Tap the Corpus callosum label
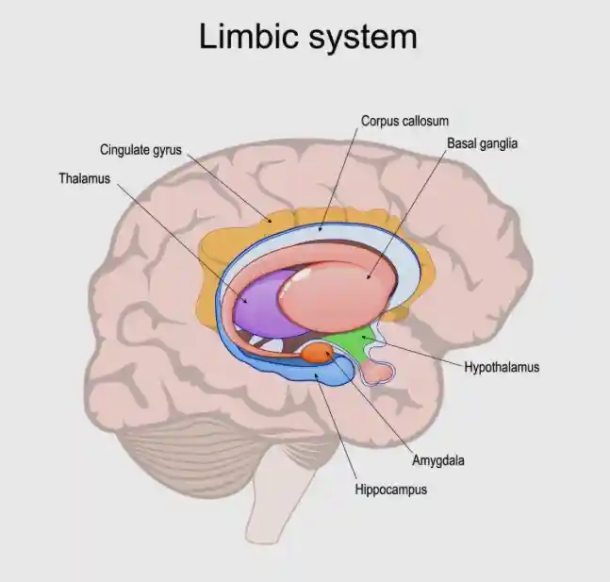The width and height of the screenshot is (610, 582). (404, 121)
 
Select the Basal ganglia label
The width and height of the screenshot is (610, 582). (482, 144)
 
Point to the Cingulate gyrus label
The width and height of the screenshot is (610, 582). (140, 149)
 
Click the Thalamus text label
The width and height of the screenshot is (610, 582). (85, 177)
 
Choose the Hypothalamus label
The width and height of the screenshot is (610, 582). (502, 367)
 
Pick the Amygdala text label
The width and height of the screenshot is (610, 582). (437, 461)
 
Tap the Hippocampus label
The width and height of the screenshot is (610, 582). (390, 490)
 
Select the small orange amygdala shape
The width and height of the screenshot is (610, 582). (316, 354)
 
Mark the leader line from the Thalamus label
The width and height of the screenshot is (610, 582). (179, 236)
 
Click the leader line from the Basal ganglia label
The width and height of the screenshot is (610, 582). (413, 213)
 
